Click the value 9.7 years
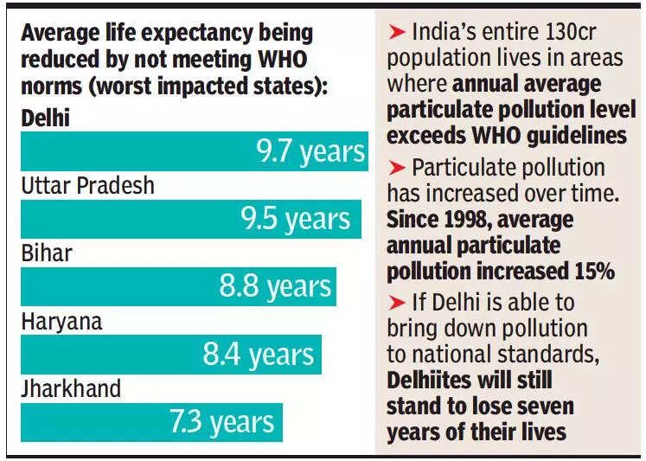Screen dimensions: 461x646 coord(310,151)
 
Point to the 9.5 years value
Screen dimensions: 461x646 coord(296,219)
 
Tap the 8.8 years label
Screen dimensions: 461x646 coord(275,286)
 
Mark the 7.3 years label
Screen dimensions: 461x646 coord(221,422)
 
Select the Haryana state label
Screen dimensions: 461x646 coord(61,321)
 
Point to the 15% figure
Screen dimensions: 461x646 coord(591,270)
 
